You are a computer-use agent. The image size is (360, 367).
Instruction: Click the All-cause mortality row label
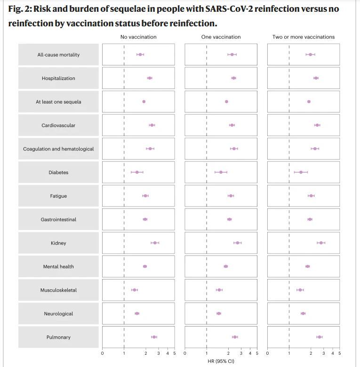coord(58,55)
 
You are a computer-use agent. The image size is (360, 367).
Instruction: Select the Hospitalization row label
coord(58,78)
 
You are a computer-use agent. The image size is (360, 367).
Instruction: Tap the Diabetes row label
coord(58,172)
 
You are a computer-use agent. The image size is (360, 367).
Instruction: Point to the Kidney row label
coord(58,243)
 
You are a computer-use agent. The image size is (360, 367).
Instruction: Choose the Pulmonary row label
coord(58,337)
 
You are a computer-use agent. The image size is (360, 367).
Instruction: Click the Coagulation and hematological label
coord(58,149)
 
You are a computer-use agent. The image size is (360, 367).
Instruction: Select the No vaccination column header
coord(138,37)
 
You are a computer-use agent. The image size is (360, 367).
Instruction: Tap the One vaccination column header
coord(221,37)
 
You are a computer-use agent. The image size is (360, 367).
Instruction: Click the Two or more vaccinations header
coord(304,37)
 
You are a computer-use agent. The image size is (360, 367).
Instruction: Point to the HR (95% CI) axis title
coord(221,361)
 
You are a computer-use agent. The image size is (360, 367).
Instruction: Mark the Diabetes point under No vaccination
coord(137,172)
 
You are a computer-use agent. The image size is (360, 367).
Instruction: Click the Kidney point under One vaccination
coord(238,243)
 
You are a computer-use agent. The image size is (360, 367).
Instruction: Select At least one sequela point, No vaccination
coord(144,102)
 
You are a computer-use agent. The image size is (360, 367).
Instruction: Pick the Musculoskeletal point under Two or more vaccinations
coord(300,290)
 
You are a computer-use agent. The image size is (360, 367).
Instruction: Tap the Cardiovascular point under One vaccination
coord(232,125)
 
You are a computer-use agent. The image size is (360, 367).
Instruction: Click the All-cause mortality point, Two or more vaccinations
coord(310,55)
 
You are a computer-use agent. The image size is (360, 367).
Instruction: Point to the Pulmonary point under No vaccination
coord(154,337)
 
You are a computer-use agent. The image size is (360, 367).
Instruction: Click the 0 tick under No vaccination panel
coord(102,353)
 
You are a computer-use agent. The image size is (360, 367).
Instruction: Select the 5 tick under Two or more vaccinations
coord(339,353)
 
